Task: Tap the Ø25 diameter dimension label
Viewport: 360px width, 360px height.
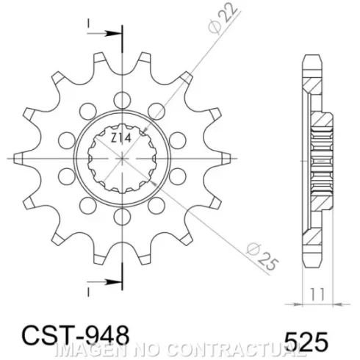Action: (262, 256)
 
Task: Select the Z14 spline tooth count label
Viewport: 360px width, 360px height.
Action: (120, 138)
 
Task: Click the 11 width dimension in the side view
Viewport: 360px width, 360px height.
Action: (317, 294)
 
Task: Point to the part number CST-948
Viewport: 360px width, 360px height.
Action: (76, 335)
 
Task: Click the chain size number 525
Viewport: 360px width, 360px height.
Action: (306, 342)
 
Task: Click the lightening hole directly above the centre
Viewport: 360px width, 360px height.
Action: (122, 100)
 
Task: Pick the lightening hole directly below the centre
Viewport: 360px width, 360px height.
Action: (122, 217)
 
